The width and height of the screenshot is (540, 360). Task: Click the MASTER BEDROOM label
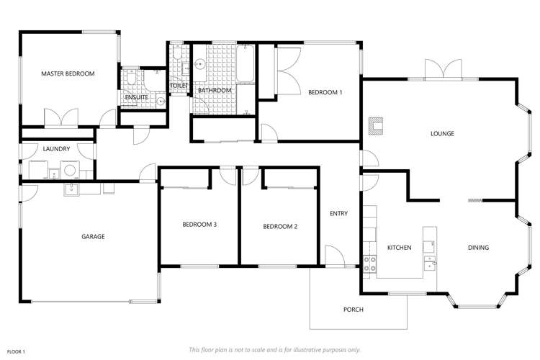click(x=68, y=73)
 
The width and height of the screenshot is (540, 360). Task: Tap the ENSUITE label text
click(x=136, y=97)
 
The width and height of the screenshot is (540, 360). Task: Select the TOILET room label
click(x=179, y=86)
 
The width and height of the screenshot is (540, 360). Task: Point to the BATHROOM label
click(x=215, y=90)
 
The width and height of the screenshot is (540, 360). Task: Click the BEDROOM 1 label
click(x=325, y=92)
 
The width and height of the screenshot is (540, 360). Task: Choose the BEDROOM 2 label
click(x=280, y=226)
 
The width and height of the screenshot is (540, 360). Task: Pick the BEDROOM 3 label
click(x=199, y=225)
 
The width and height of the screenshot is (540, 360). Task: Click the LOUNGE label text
click(x=441, y=133)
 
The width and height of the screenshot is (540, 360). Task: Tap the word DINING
click(x=478, y=248)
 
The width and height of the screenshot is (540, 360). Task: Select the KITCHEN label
click(x=399, y=248)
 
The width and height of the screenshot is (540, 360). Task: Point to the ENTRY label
click(x=338, y=213)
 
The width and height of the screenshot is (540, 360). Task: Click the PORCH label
click(x=353, y=310)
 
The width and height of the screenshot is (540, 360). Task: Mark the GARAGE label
click(x=93, y=236)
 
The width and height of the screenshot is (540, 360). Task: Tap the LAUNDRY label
click(x=56, y=149)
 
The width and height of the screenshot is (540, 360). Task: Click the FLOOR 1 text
click(x=16, y=351)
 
